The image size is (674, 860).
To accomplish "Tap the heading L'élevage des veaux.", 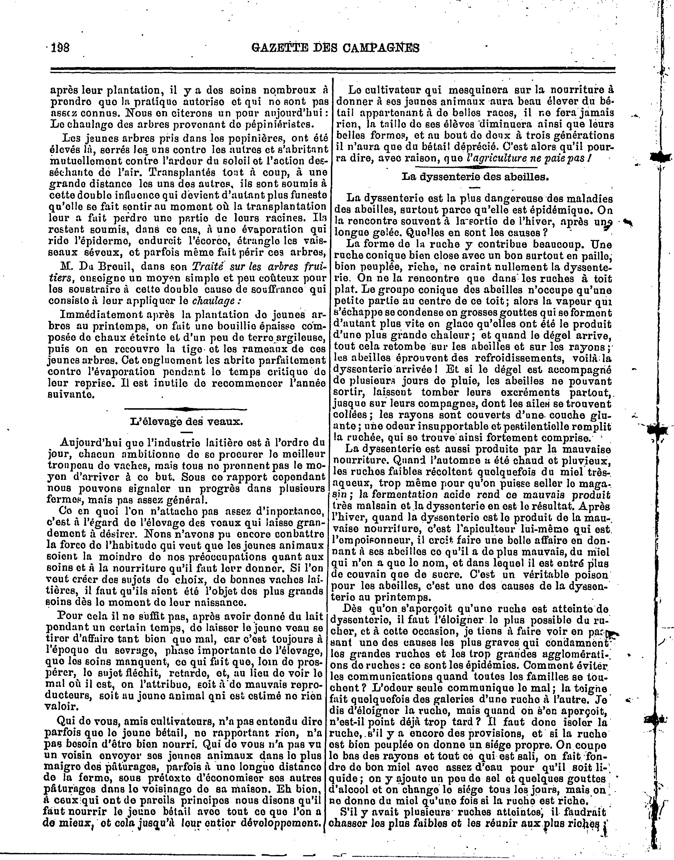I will tap(186, 421).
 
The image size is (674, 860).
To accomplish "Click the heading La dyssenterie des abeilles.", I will tap(475, 176).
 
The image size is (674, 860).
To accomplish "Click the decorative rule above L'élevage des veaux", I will tap(185, 409).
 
